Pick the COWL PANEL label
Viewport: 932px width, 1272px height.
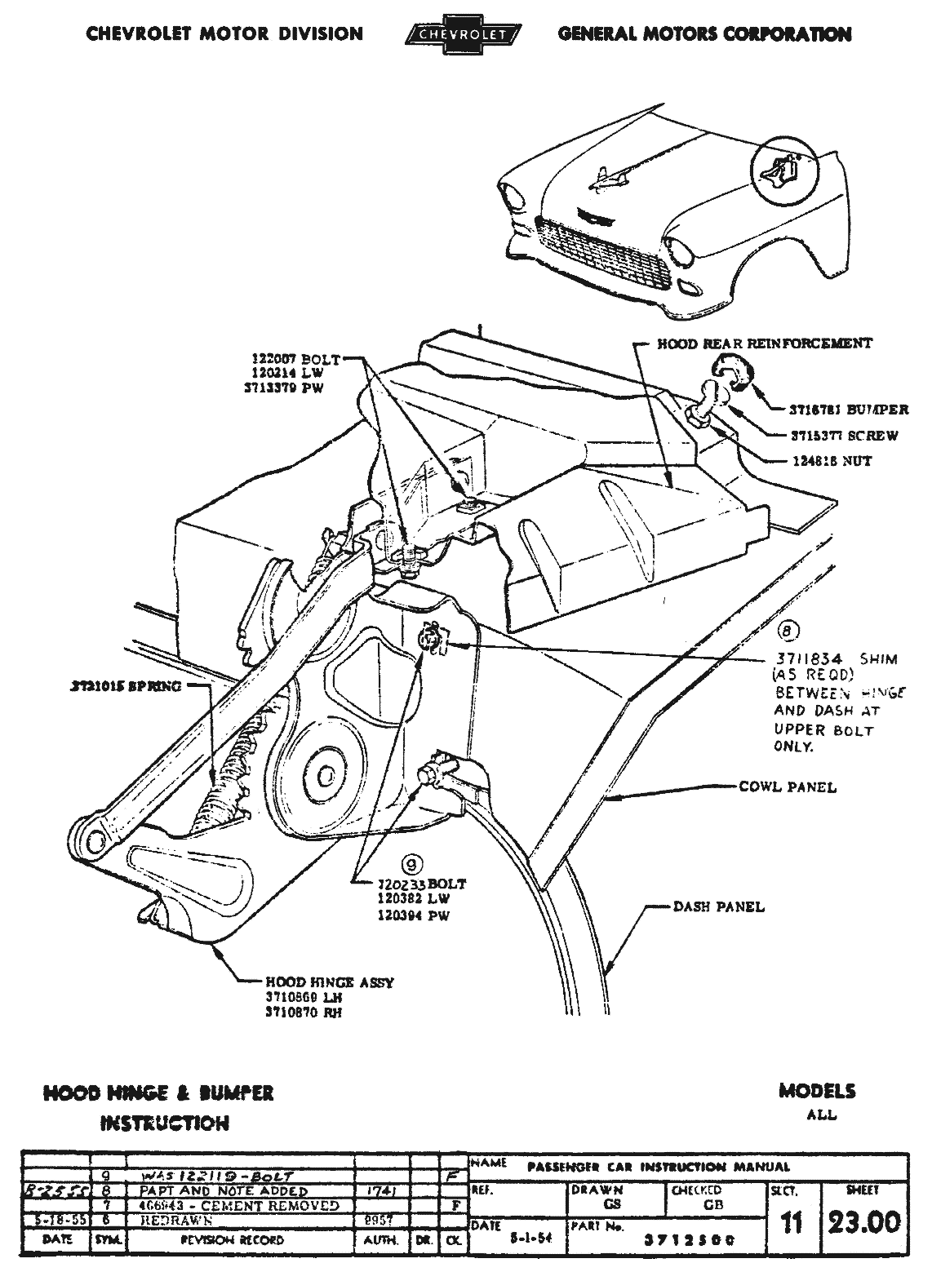point(788,787)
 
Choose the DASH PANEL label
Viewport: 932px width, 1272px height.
point(719,906)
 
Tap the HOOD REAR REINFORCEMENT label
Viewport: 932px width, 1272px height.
point(765,343)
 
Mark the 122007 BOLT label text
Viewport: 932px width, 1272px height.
point(295,360)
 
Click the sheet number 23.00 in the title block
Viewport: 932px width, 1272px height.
point(864,1222)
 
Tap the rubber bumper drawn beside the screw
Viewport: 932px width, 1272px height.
point(731,370)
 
